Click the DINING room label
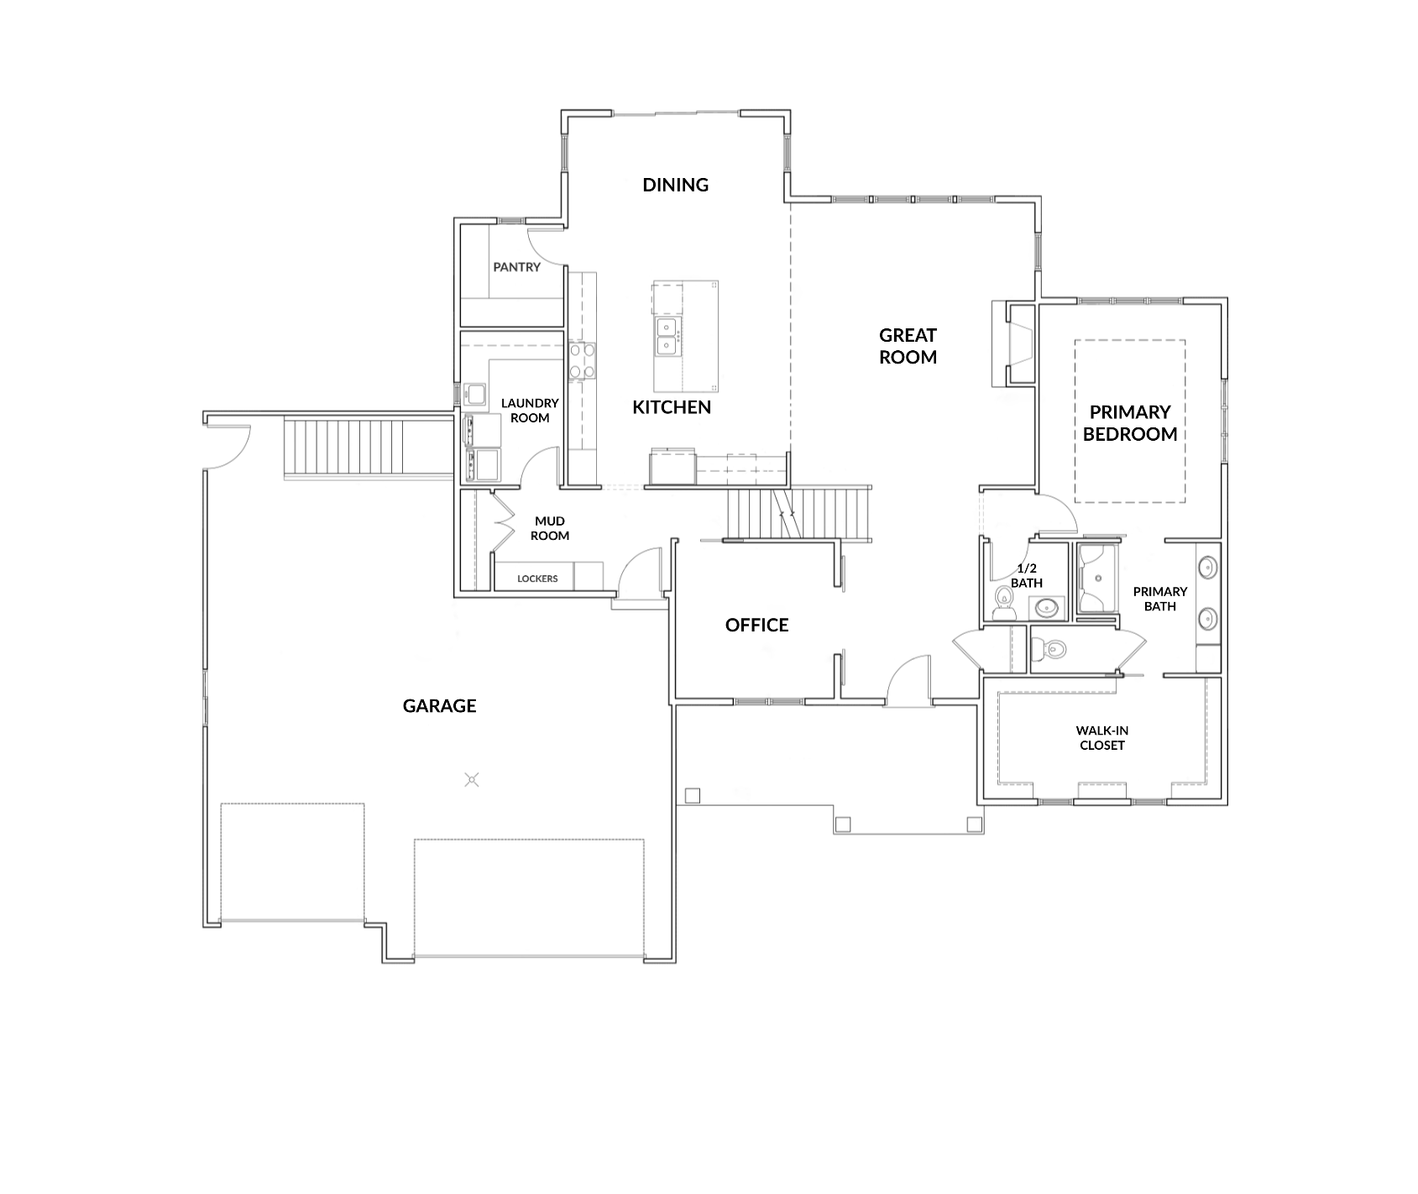(x=675, y=185)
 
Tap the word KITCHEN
(x=671, y=407)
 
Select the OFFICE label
(x=756, y=625)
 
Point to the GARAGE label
(x=439, y=706)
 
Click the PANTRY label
(x=516, y=267)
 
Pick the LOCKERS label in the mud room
(x=537, y=579)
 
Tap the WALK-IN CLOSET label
(x=1101, y=738)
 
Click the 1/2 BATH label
(x=1026, y=576)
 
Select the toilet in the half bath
(x=1003, y=602)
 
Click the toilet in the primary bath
(x=1049, y=648)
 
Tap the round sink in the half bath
(x=1044, y=606)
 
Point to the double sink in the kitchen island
(x=667, y=336)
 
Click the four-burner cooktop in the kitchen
(x=582, y=361)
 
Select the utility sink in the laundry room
(x=475, y=393)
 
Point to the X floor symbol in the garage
(x=473, y=780)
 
